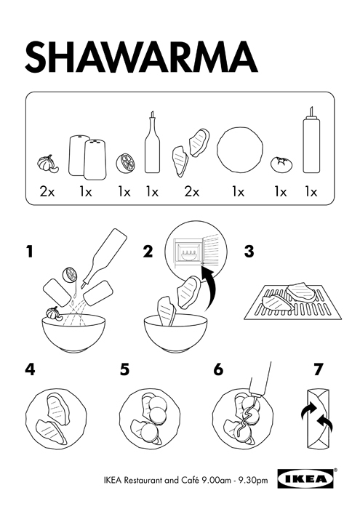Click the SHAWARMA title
(141, 57)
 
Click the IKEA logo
(305, 478)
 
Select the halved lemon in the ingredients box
(125, 164)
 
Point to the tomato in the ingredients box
(281, 164)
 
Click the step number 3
(249, 252)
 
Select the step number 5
(124, 369)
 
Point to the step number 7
(319, 369)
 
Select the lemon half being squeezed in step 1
(71, 275)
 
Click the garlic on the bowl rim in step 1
(52, 313)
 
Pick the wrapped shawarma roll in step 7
(319, 420)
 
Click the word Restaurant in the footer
(143, 480)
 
